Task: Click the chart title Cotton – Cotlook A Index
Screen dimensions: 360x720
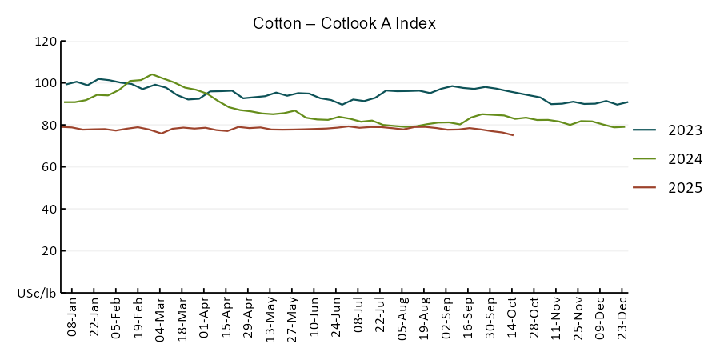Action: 344,23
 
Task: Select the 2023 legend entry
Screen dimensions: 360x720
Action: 686,130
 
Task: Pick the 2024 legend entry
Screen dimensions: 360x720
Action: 686,159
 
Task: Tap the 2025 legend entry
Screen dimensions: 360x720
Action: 686,188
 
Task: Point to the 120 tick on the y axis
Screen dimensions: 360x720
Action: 46,42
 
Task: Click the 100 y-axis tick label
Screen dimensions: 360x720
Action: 46,83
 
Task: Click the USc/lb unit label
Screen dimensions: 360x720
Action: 37,293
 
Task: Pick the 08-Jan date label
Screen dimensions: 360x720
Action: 72,318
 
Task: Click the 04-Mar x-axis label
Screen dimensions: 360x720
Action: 160,318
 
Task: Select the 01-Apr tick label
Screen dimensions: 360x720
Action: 204,318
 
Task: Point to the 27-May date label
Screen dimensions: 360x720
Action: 293,318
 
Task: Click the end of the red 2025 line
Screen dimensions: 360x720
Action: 513,135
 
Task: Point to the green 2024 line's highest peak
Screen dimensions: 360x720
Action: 152,74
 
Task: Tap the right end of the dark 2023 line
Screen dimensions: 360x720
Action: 627,102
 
